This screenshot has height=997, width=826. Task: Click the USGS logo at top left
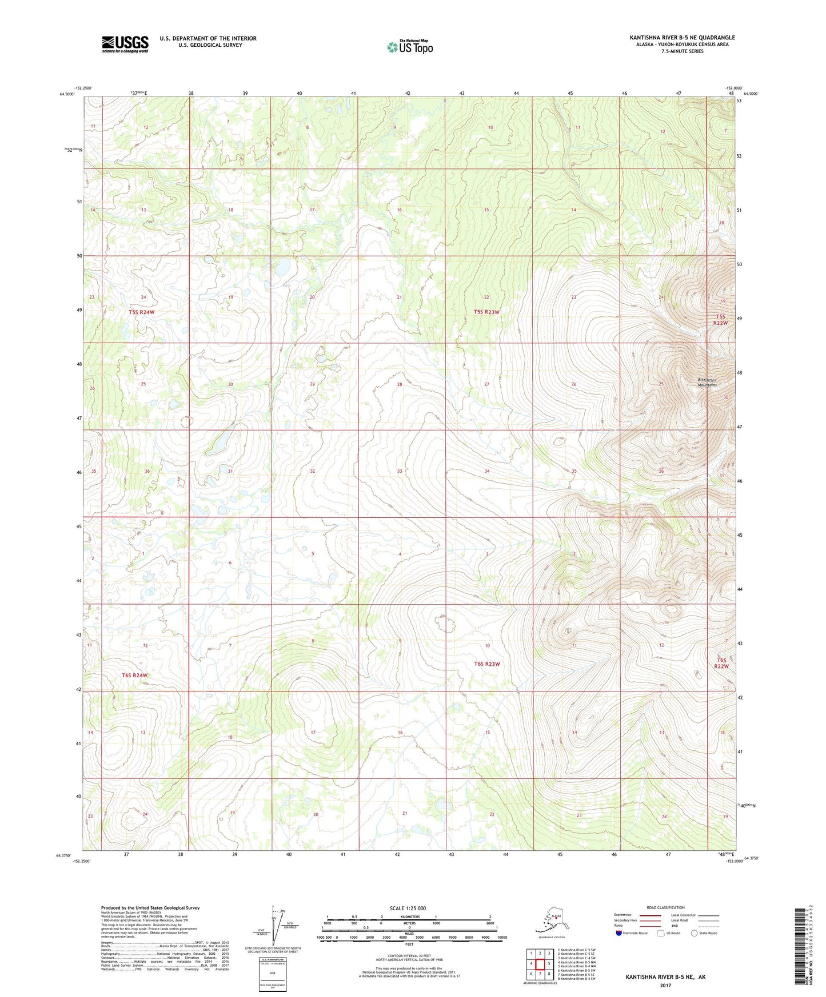coord(125,44)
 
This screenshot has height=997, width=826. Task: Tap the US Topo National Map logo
coord(409,46)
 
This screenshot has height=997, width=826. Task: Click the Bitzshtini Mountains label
coord(707,383)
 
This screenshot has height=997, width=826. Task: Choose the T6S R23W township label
coord(486,664)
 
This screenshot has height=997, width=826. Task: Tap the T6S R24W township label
coord(135,675)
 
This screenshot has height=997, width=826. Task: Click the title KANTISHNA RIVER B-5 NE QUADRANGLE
coord(682,38)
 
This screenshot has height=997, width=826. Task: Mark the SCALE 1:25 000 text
coord(409,908)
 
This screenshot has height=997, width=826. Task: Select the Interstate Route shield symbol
coord(619,933)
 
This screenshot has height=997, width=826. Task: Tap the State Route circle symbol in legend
coord(694,933)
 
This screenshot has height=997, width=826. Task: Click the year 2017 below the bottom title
coord(665,985)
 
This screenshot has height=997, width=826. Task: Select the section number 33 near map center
coord(400,471)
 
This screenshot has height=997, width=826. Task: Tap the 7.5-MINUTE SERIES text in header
coord(682,51)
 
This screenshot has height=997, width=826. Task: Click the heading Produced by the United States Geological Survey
coord(150,907)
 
